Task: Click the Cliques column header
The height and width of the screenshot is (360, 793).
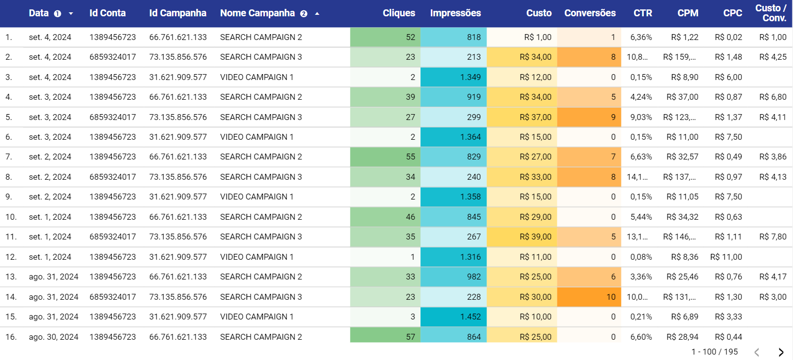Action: pyautogui.click(x=398, y=13)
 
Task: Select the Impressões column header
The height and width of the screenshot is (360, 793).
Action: pyautogui.click(x=455, y=13)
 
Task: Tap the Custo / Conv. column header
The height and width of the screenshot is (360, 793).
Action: pyautogui.click(x=770, y=13)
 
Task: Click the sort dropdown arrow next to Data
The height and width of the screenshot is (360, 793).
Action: pyautogui.click(x=71, y=14)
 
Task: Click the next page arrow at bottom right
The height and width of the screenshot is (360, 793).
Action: pyautogui.click(x=781, y=352)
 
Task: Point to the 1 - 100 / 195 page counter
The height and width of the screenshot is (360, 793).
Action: pyautogui.click(x=714, y=352)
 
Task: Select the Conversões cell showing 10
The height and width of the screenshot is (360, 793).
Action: pyautogui.click(x=611, y=297)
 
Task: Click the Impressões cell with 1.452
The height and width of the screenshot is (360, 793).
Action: pyautogui.click(x=470, y=317)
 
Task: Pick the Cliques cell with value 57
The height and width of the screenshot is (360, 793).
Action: pyautogui.click(x=410, y=337)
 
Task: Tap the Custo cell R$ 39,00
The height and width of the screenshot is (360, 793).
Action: pyautogui.click(x=535, y=237)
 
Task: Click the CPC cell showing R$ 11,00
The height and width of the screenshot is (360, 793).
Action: pyautogui.click(x=726, y=257)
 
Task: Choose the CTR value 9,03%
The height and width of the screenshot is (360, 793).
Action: pyautogui.click(x=641, y=117)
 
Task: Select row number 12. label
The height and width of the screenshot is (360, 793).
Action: pyautogui.click(x=11, y=257)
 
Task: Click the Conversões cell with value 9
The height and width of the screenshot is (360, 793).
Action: pyautogui.click(x=613, y=117)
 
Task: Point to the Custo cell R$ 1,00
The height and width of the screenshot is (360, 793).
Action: pyautogui.click(x=538, y=37)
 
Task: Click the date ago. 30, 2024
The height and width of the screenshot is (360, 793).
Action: pyautogui.click(x=53, y=337)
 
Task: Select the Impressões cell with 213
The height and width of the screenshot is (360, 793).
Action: pyautogui.click(x=473, y=57)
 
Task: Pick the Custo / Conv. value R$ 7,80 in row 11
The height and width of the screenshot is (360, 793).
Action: pyautogui.click(x=772, y=237)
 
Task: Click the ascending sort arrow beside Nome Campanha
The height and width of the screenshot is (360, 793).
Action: pyautogui.click(x=317, y=14)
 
